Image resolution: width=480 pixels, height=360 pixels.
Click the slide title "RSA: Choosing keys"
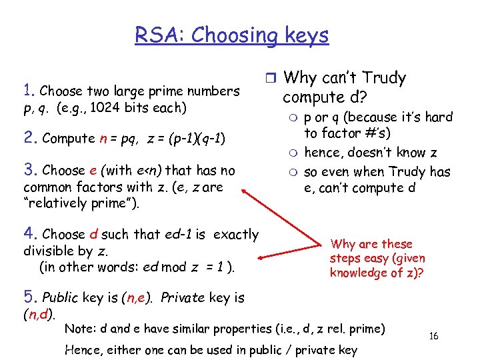tap(231, 35)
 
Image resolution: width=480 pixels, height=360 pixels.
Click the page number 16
tap(433, 336)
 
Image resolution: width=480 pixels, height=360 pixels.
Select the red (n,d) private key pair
tap(39, 313)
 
